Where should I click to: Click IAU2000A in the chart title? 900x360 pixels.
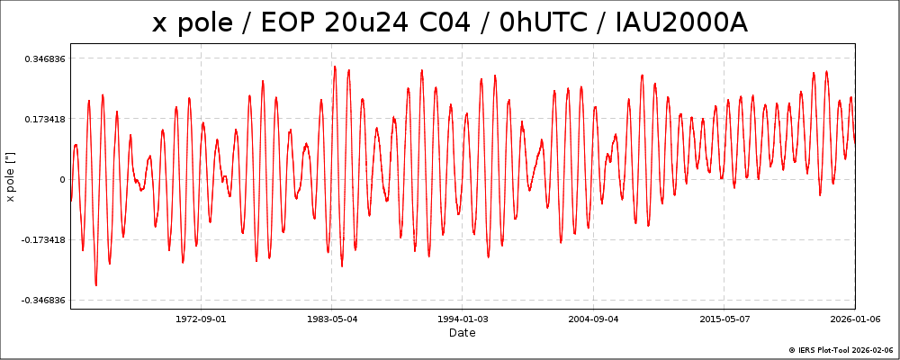(681, 22)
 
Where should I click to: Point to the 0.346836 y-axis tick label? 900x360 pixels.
(44, 58)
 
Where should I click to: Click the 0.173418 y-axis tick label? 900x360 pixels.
(44, 119)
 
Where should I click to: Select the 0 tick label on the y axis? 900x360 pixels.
(62, 179)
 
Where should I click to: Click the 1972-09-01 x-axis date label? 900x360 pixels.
(201, 319)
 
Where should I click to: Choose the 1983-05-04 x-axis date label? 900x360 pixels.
(332, 319)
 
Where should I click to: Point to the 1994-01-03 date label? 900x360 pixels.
(463, 319)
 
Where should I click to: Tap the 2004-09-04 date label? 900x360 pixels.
(593, 319)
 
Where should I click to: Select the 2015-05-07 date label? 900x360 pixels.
(724, 319)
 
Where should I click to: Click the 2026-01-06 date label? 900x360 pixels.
(854, 319)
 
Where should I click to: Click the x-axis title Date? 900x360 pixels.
(463, 333)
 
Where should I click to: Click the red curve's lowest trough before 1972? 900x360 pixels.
(96, 285)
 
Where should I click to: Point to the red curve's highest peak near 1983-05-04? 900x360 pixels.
(335, 66)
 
